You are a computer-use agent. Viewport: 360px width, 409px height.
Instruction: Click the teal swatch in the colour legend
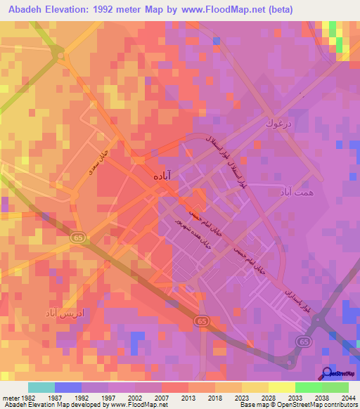[x=41, y=387]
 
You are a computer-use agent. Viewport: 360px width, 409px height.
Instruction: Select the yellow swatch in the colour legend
[x=281, y=387]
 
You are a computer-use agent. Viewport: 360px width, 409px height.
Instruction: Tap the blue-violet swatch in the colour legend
[x=68, y=387]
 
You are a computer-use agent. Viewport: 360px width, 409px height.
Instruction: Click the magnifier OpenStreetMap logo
[x=326, y=373]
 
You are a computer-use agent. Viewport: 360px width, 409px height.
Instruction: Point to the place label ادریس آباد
[x=66, y=311]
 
